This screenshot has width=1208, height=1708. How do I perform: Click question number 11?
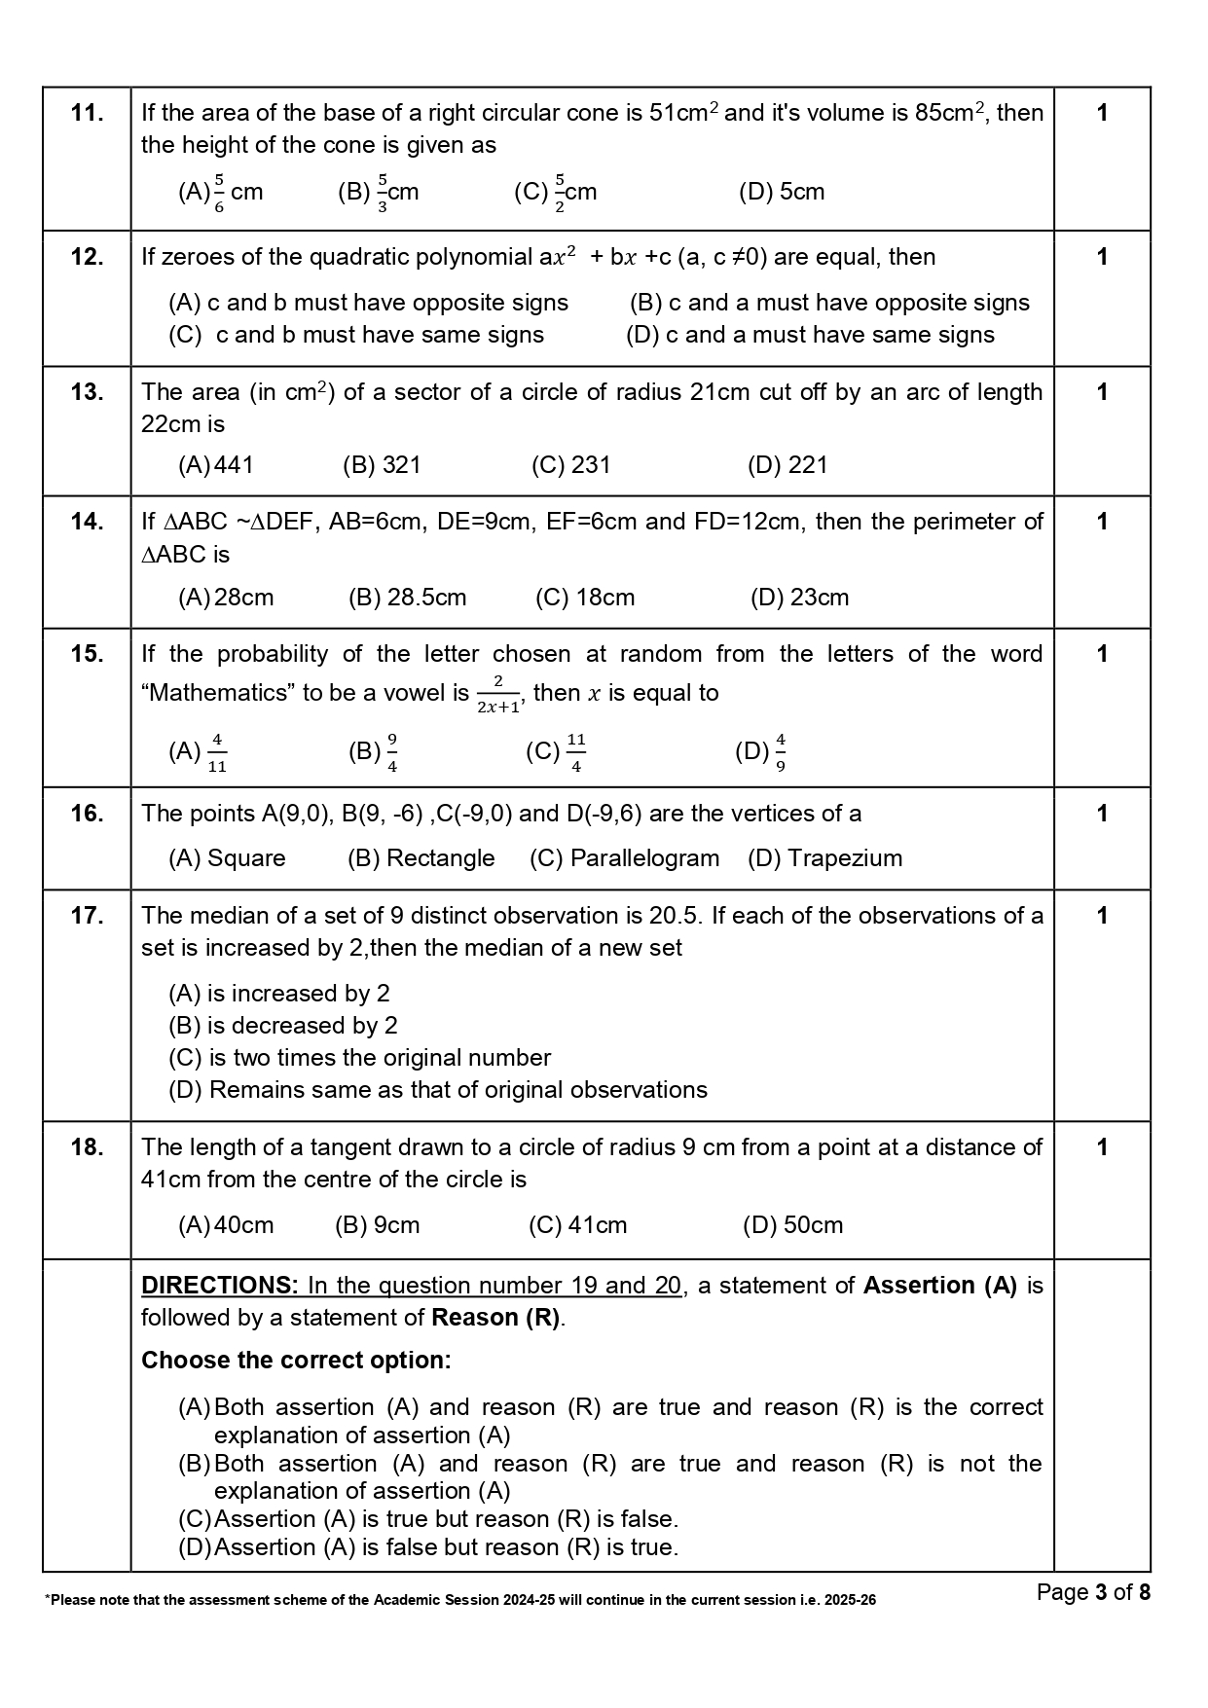coord(87,113)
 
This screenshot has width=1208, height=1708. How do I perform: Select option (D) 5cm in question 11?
coord(782,192)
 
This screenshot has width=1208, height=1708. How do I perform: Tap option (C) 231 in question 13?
coord(571,465)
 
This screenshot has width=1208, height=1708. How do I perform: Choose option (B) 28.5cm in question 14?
coord(408,598)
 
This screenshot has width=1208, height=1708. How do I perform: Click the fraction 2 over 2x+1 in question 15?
coord(498,695)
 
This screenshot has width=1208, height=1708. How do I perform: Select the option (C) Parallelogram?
coord(625,858)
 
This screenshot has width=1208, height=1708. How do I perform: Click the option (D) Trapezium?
coord(825,858)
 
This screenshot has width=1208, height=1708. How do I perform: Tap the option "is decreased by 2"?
coord(283,1026)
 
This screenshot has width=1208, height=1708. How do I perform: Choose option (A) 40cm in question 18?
coord(226,1225)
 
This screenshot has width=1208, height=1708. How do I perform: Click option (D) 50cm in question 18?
coord(793,1225)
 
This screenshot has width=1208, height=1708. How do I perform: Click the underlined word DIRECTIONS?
coord(220,1286)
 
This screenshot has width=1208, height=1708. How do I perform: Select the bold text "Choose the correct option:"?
coord(296,1361)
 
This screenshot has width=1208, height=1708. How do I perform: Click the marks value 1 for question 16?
coord(1102,814)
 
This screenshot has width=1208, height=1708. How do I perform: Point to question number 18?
coord(87,1147)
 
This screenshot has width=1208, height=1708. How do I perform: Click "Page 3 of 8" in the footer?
coord(1093,1592)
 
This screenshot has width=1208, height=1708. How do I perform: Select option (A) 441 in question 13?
coord(216,465)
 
